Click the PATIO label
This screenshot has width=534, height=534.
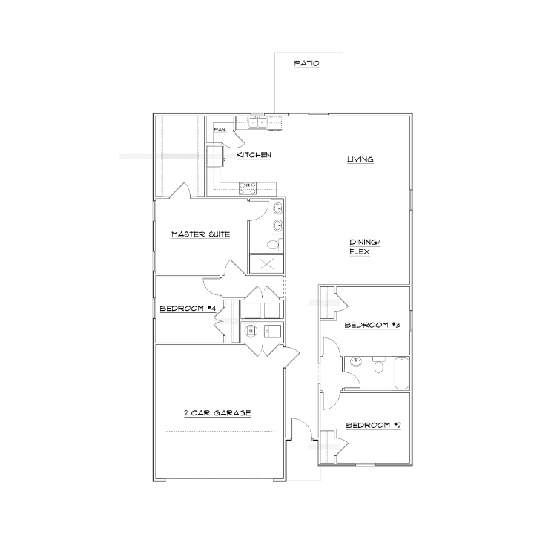click(306, 64)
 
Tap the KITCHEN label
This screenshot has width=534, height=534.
click(254, 155)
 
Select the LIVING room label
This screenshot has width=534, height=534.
click(360, 159)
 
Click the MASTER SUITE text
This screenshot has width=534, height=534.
click(200, 234)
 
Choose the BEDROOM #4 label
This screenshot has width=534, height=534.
click(187, 309)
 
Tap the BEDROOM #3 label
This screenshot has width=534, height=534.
click(367, 325)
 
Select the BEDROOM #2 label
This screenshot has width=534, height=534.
click(367, 425)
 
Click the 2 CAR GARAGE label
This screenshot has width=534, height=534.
click(217, 413)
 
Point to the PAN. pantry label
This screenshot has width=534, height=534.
click(220, 130)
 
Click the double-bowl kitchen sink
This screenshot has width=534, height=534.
click(257, 122)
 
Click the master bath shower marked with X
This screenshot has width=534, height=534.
click(267, 263)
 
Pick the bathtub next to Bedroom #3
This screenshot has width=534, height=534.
click(401, 372)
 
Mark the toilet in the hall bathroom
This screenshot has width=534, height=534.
click(380, 365)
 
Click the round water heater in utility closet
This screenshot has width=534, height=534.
click(251, 330)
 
